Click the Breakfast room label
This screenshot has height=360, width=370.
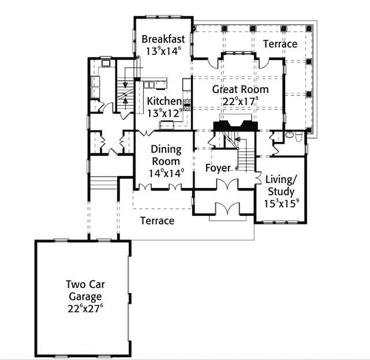pos(163,39)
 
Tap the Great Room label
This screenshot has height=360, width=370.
pos(240,89)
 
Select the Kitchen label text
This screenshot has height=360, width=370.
pos(165,101)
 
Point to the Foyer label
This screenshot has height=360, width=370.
pos(218,168)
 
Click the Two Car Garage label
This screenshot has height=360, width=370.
pos(85,290)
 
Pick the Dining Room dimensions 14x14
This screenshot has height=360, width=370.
pos(166,174)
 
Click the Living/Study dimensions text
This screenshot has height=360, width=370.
pos(281,204)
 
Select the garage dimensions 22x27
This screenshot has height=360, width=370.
pos(85,308)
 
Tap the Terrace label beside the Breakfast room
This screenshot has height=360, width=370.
pos(280,44)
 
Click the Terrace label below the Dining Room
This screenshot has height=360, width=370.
pos(158,220)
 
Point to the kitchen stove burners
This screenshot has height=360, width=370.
pos(187,105)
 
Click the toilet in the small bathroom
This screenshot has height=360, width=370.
pos(299,137)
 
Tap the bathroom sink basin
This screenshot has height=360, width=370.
pos(289,135)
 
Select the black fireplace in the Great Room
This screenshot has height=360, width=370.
pos(235,126)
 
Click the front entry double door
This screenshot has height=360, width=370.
pos(227,208)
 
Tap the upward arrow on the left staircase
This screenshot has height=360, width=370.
pos(125,103)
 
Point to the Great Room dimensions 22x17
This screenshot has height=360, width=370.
pos(240,102)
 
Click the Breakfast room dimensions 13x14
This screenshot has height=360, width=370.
pos(163,51)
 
